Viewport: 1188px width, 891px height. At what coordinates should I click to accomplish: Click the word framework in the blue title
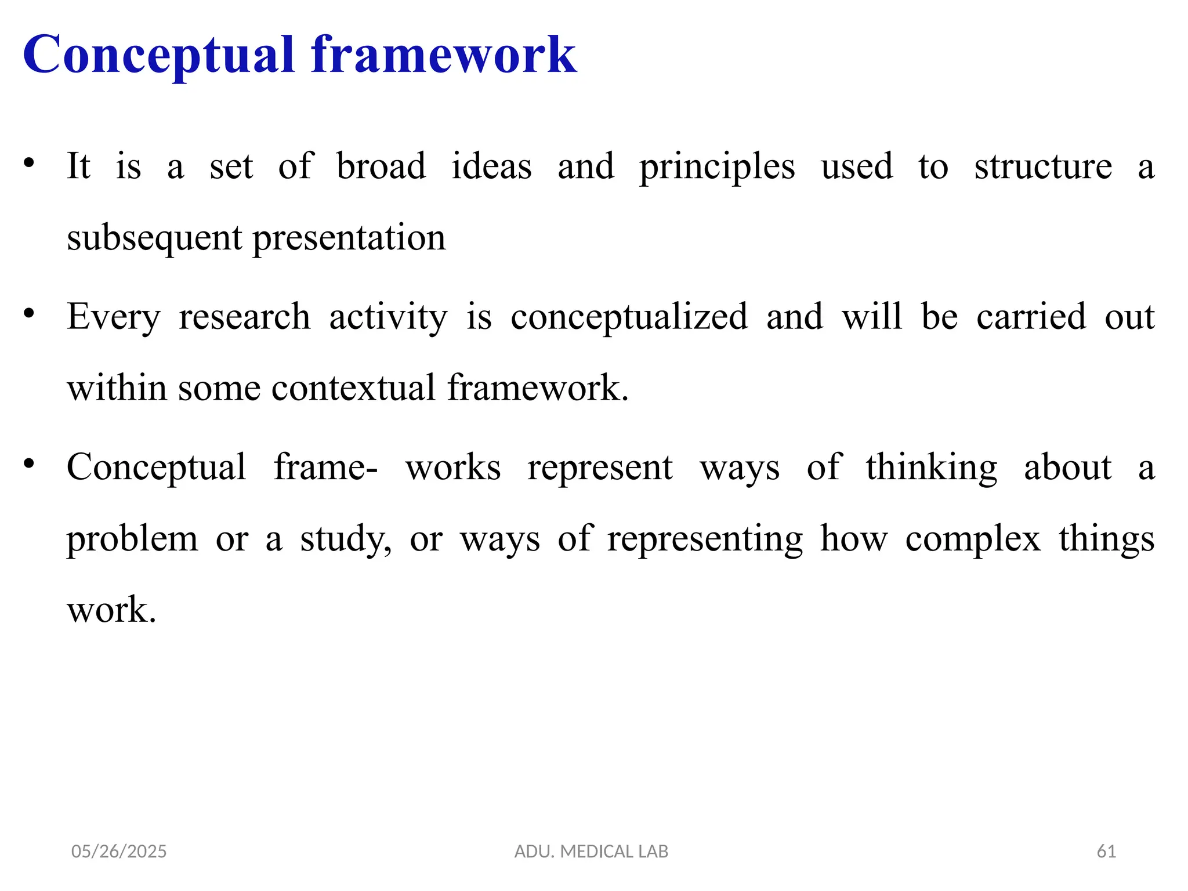point(444,55)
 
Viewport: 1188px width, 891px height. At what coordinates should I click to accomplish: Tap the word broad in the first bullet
point(381,166)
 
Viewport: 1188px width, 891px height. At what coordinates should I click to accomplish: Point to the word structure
point(1043,166)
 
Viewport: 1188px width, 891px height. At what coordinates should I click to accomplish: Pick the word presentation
point(349,238)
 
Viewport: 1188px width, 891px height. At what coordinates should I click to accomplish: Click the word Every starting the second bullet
point(113,317)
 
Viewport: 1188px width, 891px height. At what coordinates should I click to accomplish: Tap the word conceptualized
point(629,317)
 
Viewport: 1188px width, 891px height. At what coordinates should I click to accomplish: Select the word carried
point(1031,317)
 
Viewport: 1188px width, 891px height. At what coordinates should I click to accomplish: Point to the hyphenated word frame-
point(325,467)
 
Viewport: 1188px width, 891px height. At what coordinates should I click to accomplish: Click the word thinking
point(932,468)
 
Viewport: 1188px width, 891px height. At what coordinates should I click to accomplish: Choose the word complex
point(973,539)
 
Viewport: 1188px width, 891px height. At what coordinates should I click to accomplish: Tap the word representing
point(705,539)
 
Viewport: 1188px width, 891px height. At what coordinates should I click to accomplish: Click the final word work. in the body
point(111,610)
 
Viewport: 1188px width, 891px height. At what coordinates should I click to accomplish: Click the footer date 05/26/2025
point(119,852)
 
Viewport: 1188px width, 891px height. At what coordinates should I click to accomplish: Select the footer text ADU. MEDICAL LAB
point(591,852)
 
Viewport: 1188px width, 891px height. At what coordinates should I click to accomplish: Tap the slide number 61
point(1106,852)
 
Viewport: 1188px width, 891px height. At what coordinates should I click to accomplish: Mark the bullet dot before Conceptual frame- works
point(29,463)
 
